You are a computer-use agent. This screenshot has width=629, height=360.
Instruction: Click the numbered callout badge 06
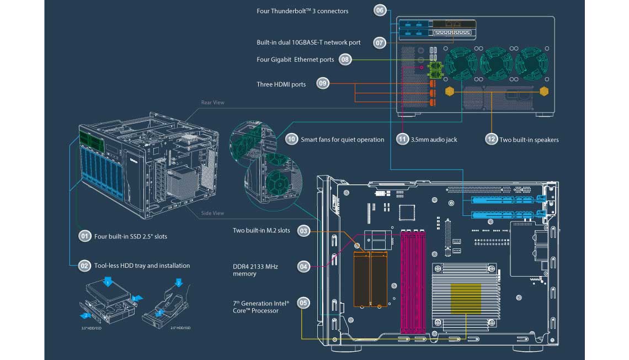[x=380, y=10]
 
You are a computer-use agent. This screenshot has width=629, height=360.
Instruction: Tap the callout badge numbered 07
[x=380, y=42]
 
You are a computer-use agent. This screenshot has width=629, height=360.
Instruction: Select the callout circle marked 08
[x=345, y=60]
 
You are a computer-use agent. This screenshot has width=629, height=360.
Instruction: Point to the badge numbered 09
[x=323, y=84]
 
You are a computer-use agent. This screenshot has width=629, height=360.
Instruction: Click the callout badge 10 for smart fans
[x=291, y=140]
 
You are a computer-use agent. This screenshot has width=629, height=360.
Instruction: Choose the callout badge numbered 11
[x=403, y=140]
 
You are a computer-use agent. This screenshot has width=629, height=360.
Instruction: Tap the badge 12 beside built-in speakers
[x=491, y=140]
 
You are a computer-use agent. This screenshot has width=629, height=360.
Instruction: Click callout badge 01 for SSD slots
[x=84, y=236]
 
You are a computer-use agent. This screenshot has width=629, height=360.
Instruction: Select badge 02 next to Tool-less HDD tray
[x=84, y=266]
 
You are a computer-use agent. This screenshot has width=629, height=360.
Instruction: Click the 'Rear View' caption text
[x=212, y=103]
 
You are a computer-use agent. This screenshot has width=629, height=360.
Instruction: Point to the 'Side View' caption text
[x=212, y=213]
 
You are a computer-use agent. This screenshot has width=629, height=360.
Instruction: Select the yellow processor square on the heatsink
[x=467, y=300]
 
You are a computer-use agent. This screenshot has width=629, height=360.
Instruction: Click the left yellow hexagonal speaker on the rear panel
[x=450, y=91]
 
